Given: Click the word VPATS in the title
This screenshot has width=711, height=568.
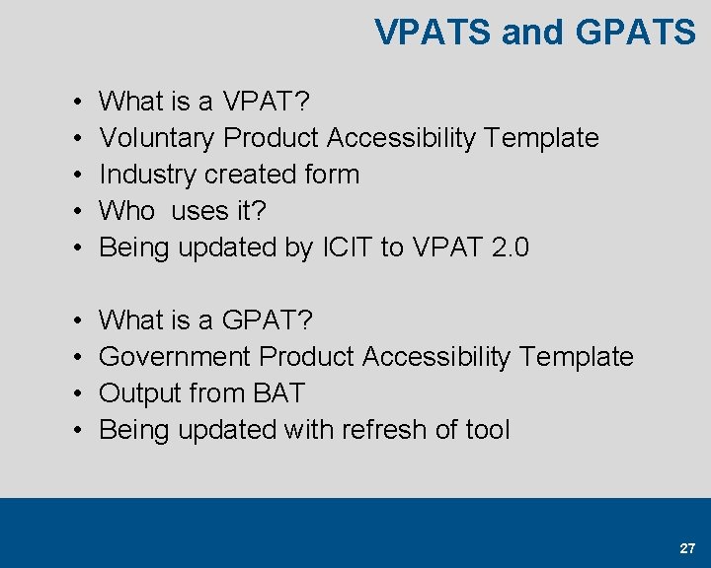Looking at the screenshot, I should click(x=434, y=33).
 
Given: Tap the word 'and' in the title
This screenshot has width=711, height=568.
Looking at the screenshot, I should click(x=532, y=33).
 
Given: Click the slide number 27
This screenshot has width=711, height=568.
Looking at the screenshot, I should click(x=687, y=548).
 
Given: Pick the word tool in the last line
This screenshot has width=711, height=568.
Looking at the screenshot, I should click(x=487, y=429).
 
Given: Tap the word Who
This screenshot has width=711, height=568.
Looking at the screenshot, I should click(x=127, y=211).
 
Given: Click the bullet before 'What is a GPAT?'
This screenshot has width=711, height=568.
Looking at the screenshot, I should click(x=77, y=320).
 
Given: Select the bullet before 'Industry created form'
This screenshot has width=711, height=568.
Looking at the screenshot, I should click(x=77, y=176).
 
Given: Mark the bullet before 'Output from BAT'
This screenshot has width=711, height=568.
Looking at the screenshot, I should click(x=77, y=393).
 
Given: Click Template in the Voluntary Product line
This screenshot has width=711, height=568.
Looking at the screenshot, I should click(x=542, y=138).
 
